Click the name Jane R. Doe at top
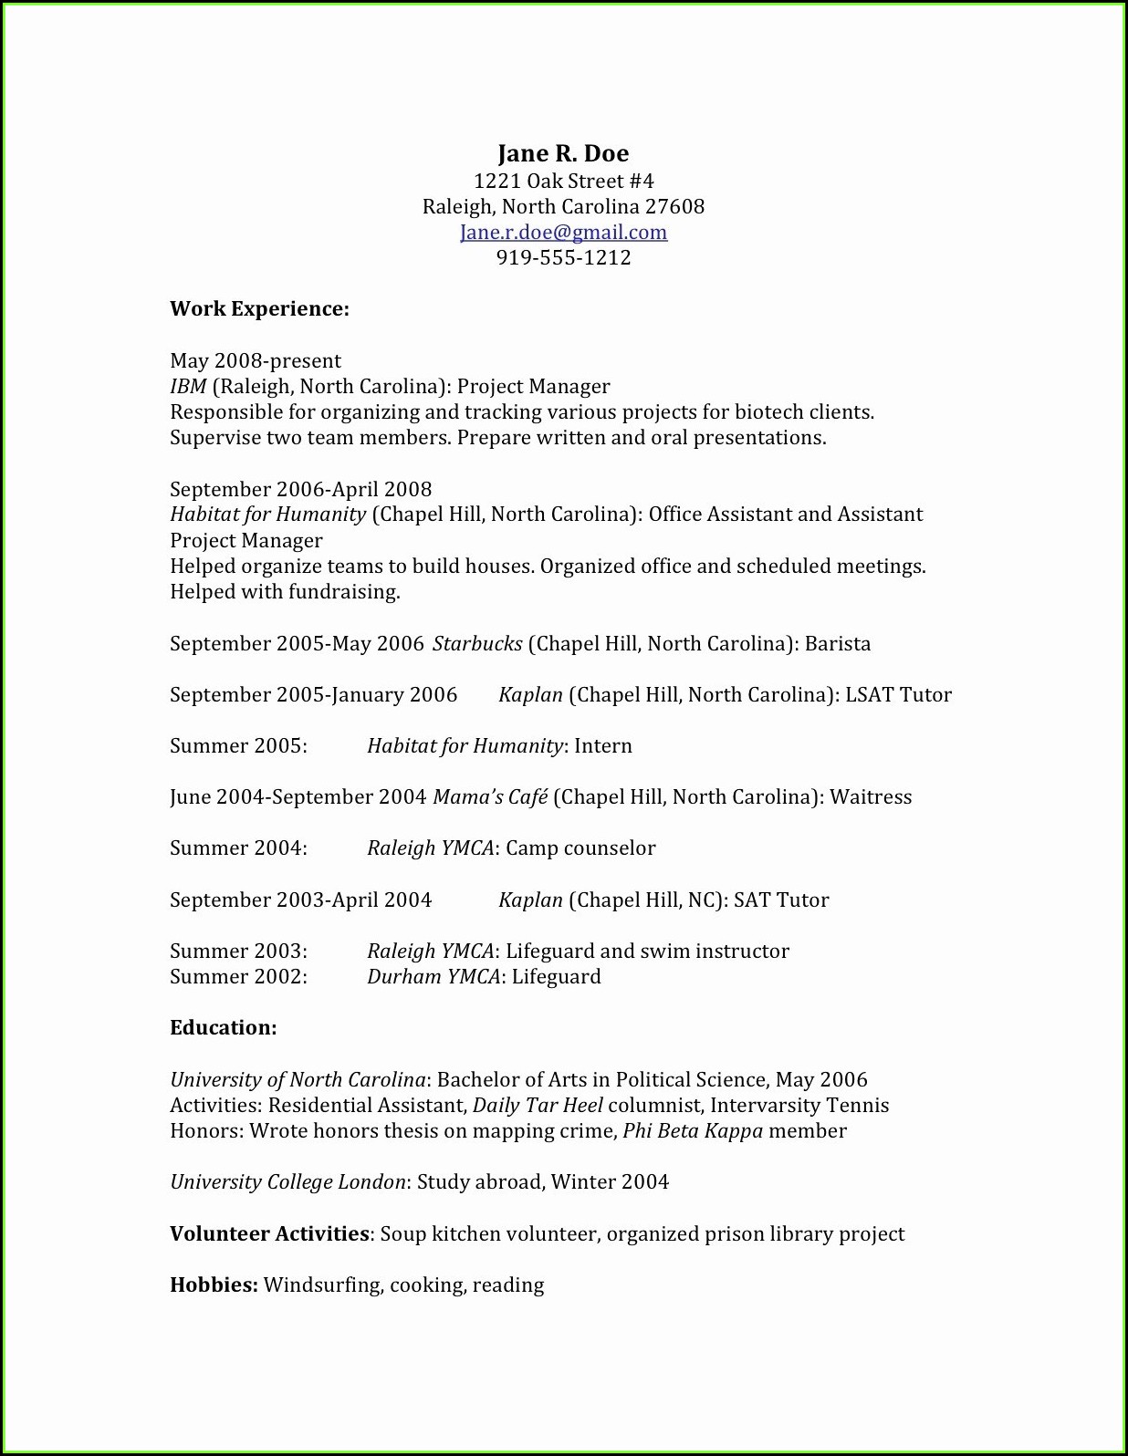pyautogui.click(x=563, y=153)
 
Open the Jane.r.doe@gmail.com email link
pyautogui.click(x=563, y=233)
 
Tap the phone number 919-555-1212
pyautogui.click(x=563, y=258)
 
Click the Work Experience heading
pyautogui.click(x=259, y=309)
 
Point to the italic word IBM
pyautogui.click(x=188, y=387)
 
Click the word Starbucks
pyautogui.click(x=477, y=644)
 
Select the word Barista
pyautogui.click(x=838, y=644)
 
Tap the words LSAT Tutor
pyautogui.click(x=898, y=695)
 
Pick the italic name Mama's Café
pyautogui.click(x=490, y=797)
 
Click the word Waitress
pyautogui.click(x=871, y=797)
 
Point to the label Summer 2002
pyautogui.click(x=238, y=977)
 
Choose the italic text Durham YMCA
pyautogui.click(x=433, y=977)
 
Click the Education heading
pyautogui.click(x=223, y=1028)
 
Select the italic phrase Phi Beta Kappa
pyautogui.click(x=693, y=1131)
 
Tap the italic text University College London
pyautogui.click(x=287, y=1182)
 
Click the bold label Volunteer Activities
pyautogui.click(x=269, y=1234)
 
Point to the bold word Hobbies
pyautogui.click(x=214, y=1285)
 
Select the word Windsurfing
pyautogui.click(x=322, y=1285)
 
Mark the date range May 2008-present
pyautogui.click(x=256, y=361)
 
